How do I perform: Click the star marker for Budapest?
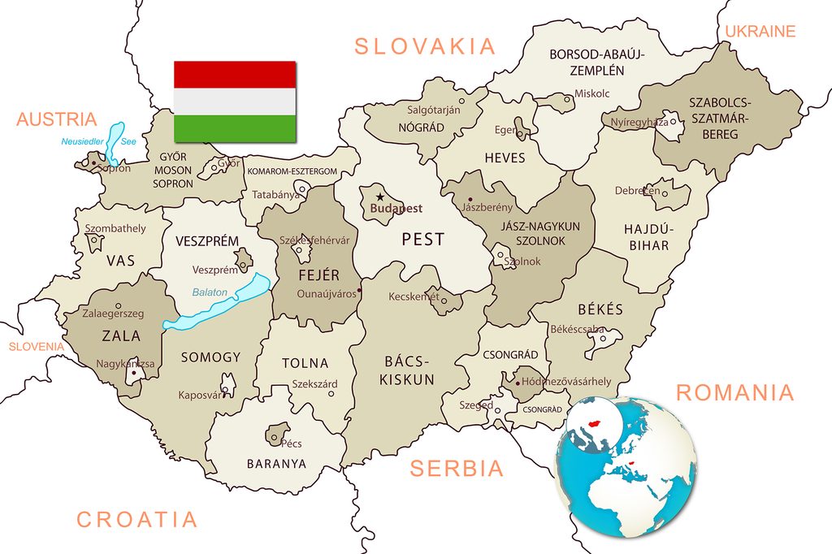coord(379,197)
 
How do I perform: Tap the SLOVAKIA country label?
coord(425,46)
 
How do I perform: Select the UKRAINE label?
coord(760,32)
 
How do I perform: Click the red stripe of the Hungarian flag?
coord(235,74)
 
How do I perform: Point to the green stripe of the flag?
coord(235,128)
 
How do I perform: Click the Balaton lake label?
coord(210,292)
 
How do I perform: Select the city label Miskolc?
coord(591,93)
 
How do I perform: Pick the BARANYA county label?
coord(276,464)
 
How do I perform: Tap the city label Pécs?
coord(291,444)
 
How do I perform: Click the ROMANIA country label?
coord(734,393)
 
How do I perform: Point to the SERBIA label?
coord(457,468)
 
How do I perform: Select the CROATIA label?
coord(136,519)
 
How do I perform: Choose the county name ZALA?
coord(121,335)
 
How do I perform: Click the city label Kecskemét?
coord(414,296)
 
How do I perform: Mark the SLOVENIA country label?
coord(36,347)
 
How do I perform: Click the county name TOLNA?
coord(305,363)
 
